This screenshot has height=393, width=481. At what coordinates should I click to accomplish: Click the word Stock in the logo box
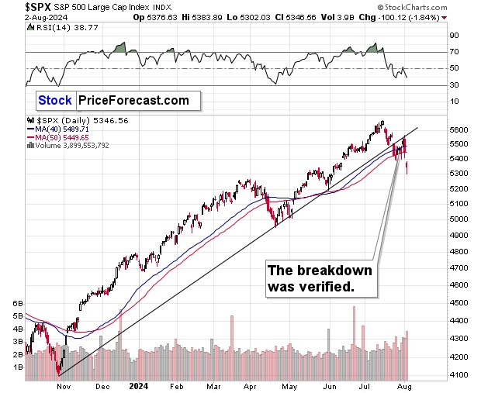coord(55,100)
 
